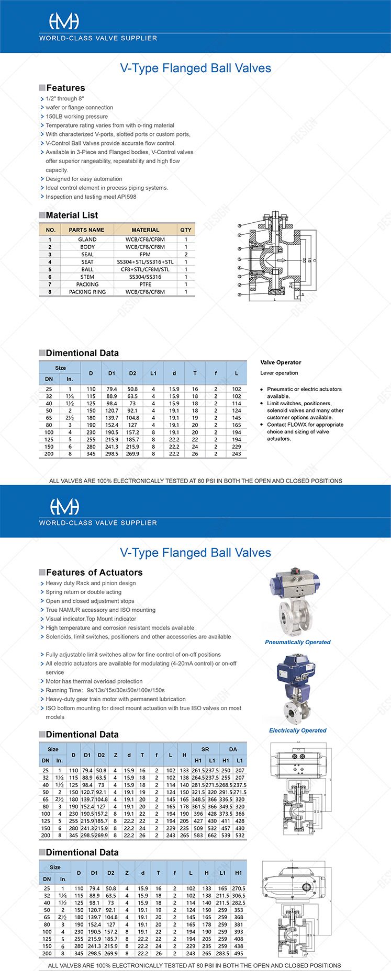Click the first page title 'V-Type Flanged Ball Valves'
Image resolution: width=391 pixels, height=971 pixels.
click(195, 68)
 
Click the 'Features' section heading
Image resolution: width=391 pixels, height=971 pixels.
click(65, 88)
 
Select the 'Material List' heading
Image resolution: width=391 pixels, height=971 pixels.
click(72, 215)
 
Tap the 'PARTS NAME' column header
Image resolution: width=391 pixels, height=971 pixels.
click(86, 230)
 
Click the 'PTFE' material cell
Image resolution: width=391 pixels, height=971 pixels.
click(145, 284)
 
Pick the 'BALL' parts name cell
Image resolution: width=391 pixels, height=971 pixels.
click(87, 269)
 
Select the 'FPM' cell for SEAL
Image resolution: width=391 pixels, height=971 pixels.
click(145, 254)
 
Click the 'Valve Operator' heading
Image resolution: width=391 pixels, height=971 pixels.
click(281, 362)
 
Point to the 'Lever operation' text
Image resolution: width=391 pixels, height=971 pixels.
click(279, 373)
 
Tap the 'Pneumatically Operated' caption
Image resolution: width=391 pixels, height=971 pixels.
click(297, 642)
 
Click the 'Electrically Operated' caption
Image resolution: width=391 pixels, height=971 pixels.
click(297, 730)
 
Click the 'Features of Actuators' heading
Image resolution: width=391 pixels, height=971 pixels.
click(94, 573)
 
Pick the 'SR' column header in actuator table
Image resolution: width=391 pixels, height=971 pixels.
click(205, 749)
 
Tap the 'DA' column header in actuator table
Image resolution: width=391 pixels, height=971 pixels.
click(233, 749)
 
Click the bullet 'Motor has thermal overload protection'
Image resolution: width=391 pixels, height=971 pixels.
click(94, 681)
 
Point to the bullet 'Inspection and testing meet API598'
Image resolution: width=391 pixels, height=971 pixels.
click(91, 197)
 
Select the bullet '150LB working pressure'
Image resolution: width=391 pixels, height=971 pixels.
click(76, 117)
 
